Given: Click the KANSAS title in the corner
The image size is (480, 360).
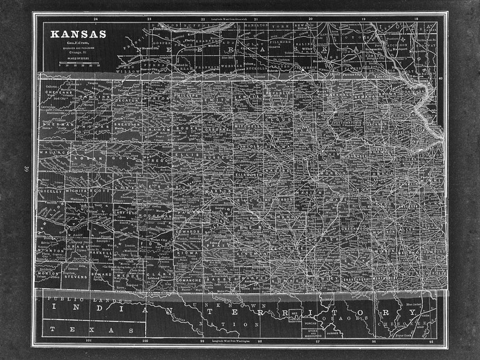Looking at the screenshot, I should (x=78, y=34).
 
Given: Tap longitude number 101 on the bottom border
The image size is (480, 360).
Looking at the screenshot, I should (x=89, y=342).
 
